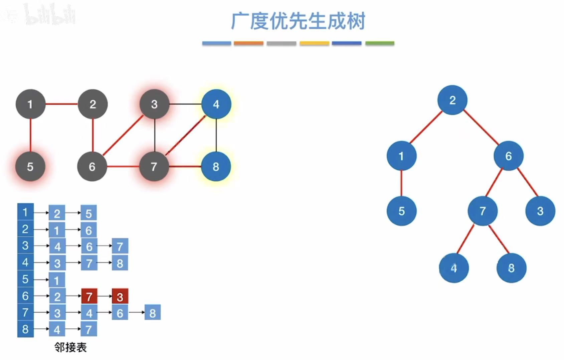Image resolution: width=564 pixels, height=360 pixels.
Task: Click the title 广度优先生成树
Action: click(298, 21)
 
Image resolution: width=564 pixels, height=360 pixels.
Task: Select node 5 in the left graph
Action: click(30, 166)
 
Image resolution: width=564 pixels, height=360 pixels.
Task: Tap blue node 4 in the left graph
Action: click(216, 104)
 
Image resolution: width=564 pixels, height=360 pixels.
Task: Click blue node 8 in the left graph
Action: click(216, 166)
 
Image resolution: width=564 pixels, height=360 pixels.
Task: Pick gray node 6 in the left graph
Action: click(92, 166)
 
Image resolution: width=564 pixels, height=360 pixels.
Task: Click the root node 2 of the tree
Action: click(452, 100)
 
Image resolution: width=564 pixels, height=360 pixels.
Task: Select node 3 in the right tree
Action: click(540, 211)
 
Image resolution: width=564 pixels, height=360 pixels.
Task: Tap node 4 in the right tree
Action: click(453, 268)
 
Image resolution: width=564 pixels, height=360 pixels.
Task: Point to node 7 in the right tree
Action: click(483, 211)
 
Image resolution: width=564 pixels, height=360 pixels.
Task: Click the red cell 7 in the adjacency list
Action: click(89, 296)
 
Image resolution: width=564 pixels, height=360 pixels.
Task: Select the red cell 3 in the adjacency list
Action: click(120, 296)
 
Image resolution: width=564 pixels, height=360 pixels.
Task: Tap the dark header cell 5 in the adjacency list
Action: click(25, 279)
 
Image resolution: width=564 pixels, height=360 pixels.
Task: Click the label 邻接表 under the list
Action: click(70, 348)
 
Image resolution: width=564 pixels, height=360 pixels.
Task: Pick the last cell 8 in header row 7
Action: click(153, 313)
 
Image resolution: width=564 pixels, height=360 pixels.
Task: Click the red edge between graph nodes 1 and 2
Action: click(62, 104)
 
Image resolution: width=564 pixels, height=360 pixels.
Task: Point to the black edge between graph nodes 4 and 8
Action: click(216, 135)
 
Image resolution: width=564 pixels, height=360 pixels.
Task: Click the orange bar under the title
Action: click(248, 43)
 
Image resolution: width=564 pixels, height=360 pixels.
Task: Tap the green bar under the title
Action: click(380, 43)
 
